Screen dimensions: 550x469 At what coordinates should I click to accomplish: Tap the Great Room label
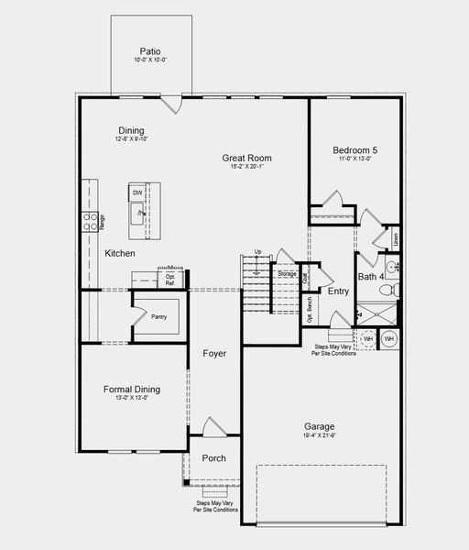246,158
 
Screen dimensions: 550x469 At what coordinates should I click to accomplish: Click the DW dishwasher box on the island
136,193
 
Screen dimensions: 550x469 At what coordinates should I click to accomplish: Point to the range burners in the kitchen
92,219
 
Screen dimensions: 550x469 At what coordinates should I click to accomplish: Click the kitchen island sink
141,212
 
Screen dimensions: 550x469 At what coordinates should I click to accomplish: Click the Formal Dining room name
132,389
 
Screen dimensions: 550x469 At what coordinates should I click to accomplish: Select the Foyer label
214,353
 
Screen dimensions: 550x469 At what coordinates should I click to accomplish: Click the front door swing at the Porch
213,427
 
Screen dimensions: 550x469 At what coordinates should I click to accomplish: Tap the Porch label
213,458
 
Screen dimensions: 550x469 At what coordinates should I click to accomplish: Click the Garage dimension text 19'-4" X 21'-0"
320,437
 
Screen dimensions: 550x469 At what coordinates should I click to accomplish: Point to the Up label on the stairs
258,251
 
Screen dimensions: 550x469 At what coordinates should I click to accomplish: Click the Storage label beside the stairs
287,273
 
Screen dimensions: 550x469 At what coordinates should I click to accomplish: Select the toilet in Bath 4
386,289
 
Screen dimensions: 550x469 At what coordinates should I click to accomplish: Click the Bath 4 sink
391,268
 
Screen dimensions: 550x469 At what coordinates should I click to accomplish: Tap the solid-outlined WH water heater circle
389,338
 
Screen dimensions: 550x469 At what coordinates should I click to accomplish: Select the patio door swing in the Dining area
170,104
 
